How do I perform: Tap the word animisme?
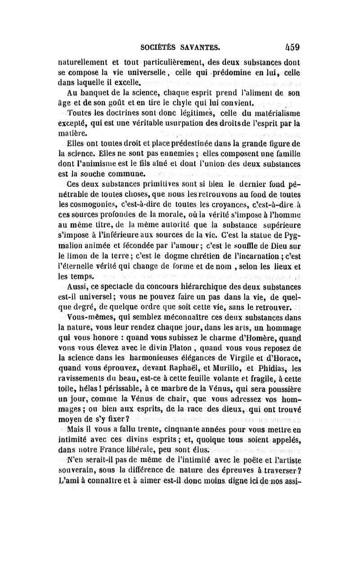[110, 165]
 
